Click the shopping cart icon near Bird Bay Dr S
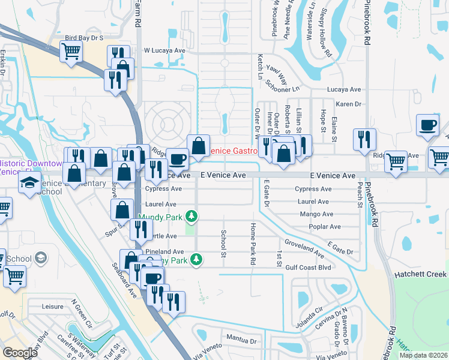[71, 51]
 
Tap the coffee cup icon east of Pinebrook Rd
[428, 125]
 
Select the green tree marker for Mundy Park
[191, 215]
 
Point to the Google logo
[20, 353]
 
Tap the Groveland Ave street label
[304, 246]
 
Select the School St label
[223, 244]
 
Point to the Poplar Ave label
[325, 227]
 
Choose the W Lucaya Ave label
[164, 50]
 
